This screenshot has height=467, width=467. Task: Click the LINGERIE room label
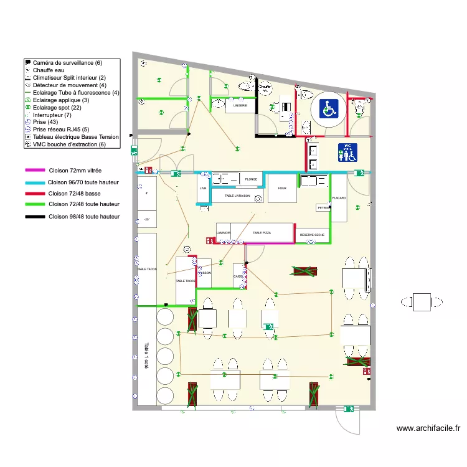tap(240, 106)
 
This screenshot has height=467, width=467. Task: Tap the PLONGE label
tap(251, 179)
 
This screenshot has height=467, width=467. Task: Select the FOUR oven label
tap(282, 187)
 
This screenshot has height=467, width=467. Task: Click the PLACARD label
tap(339, 198)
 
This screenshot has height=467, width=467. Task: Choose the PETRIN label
tap(323, 207)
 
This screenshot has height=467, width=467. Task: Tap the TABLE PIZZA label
tap(262, 233)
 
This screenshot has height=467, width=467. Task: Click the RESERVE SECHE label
tap(312, 235)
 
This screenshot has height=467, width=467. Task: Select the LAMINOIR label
tap(224, 233)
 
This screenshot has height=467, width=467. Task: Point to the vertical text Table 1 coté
tap(146, 356)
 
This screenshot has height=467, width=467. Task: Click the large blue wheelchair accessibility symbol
tap(329, 109)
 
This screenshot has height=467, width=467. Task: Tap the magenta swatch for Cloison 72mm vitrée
tap(35, 170)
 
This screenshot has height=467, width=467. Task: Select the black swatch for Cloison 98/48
tap(35, 217)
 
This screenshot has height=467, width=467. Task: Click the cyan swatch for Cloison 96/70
tap(35, 182)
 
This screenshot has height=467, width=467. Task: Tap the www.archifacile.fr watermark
tap(428, 428)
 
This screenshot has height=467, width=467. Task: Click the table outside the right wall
tap(422, 302)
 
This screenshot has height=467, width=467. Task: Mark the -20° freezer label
tap(147, 219)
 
